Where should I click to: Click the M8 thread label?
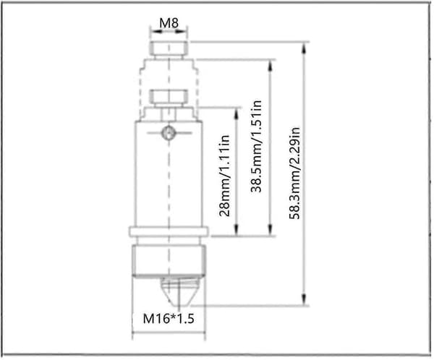(x=169, y=23)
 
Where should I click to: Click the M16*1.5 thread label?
(x=169, y=319)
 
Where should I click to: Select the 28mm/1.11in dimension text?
(x=224, y=176)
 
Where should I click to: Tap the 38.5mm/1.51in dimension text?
(x=256, y=146)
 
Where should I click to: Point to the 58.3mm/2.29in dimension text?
(x=295, y=173)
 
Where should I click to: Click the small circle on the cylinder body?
(x=168, y=132)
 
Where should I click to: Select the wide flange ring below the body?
(x=169, y=231)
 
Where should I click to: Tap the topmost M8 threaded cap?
(x=169, y=48)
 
